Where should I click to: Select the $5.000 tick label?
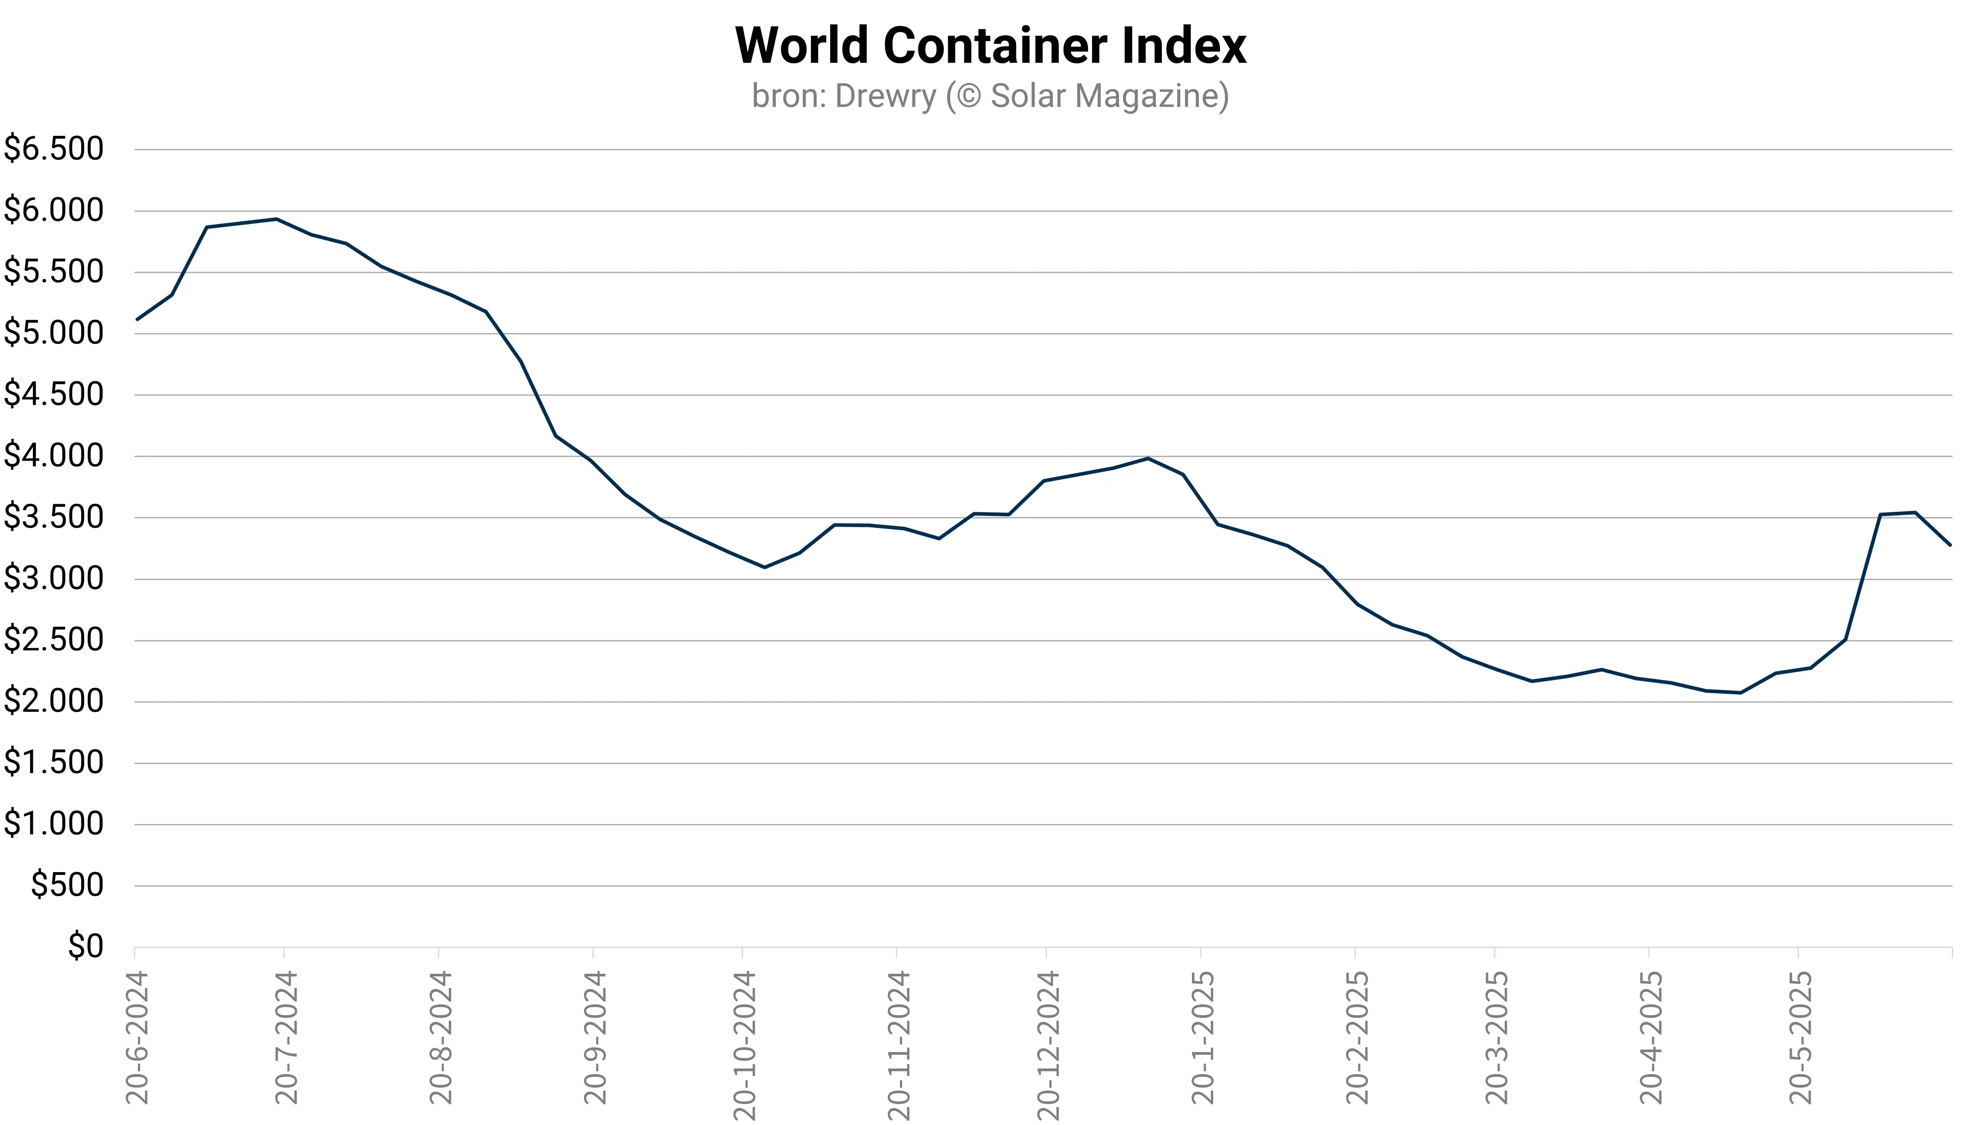(53, 333)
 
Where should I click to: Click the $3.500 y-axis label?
(53, 517)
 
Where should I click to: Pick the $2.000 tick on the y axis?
(53, 701)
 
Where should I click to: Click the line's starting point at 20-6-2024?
(137, 319)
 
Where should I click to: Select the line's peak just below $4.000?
(1148, 458)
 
